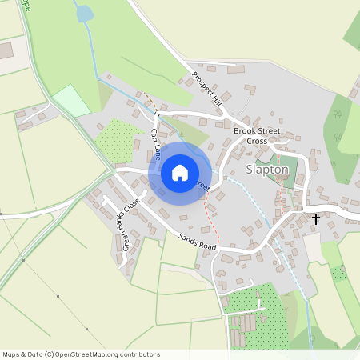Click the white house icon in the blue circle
(x=180, y=173)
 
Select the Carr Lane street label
(x=157, y=142)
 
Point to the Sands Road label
(x=198, y=244)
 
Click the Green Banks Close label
(x=131, y=223)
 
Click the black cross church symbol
(x=316, y=218)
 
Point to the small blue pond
(x=83, y=13)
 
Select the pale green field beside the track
(x=72, y=102)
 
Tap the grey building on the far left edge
(x=4, y=51)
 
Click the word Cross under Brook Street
(x=257, y=141)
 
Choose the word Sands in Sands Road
(x=187, y=240)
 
